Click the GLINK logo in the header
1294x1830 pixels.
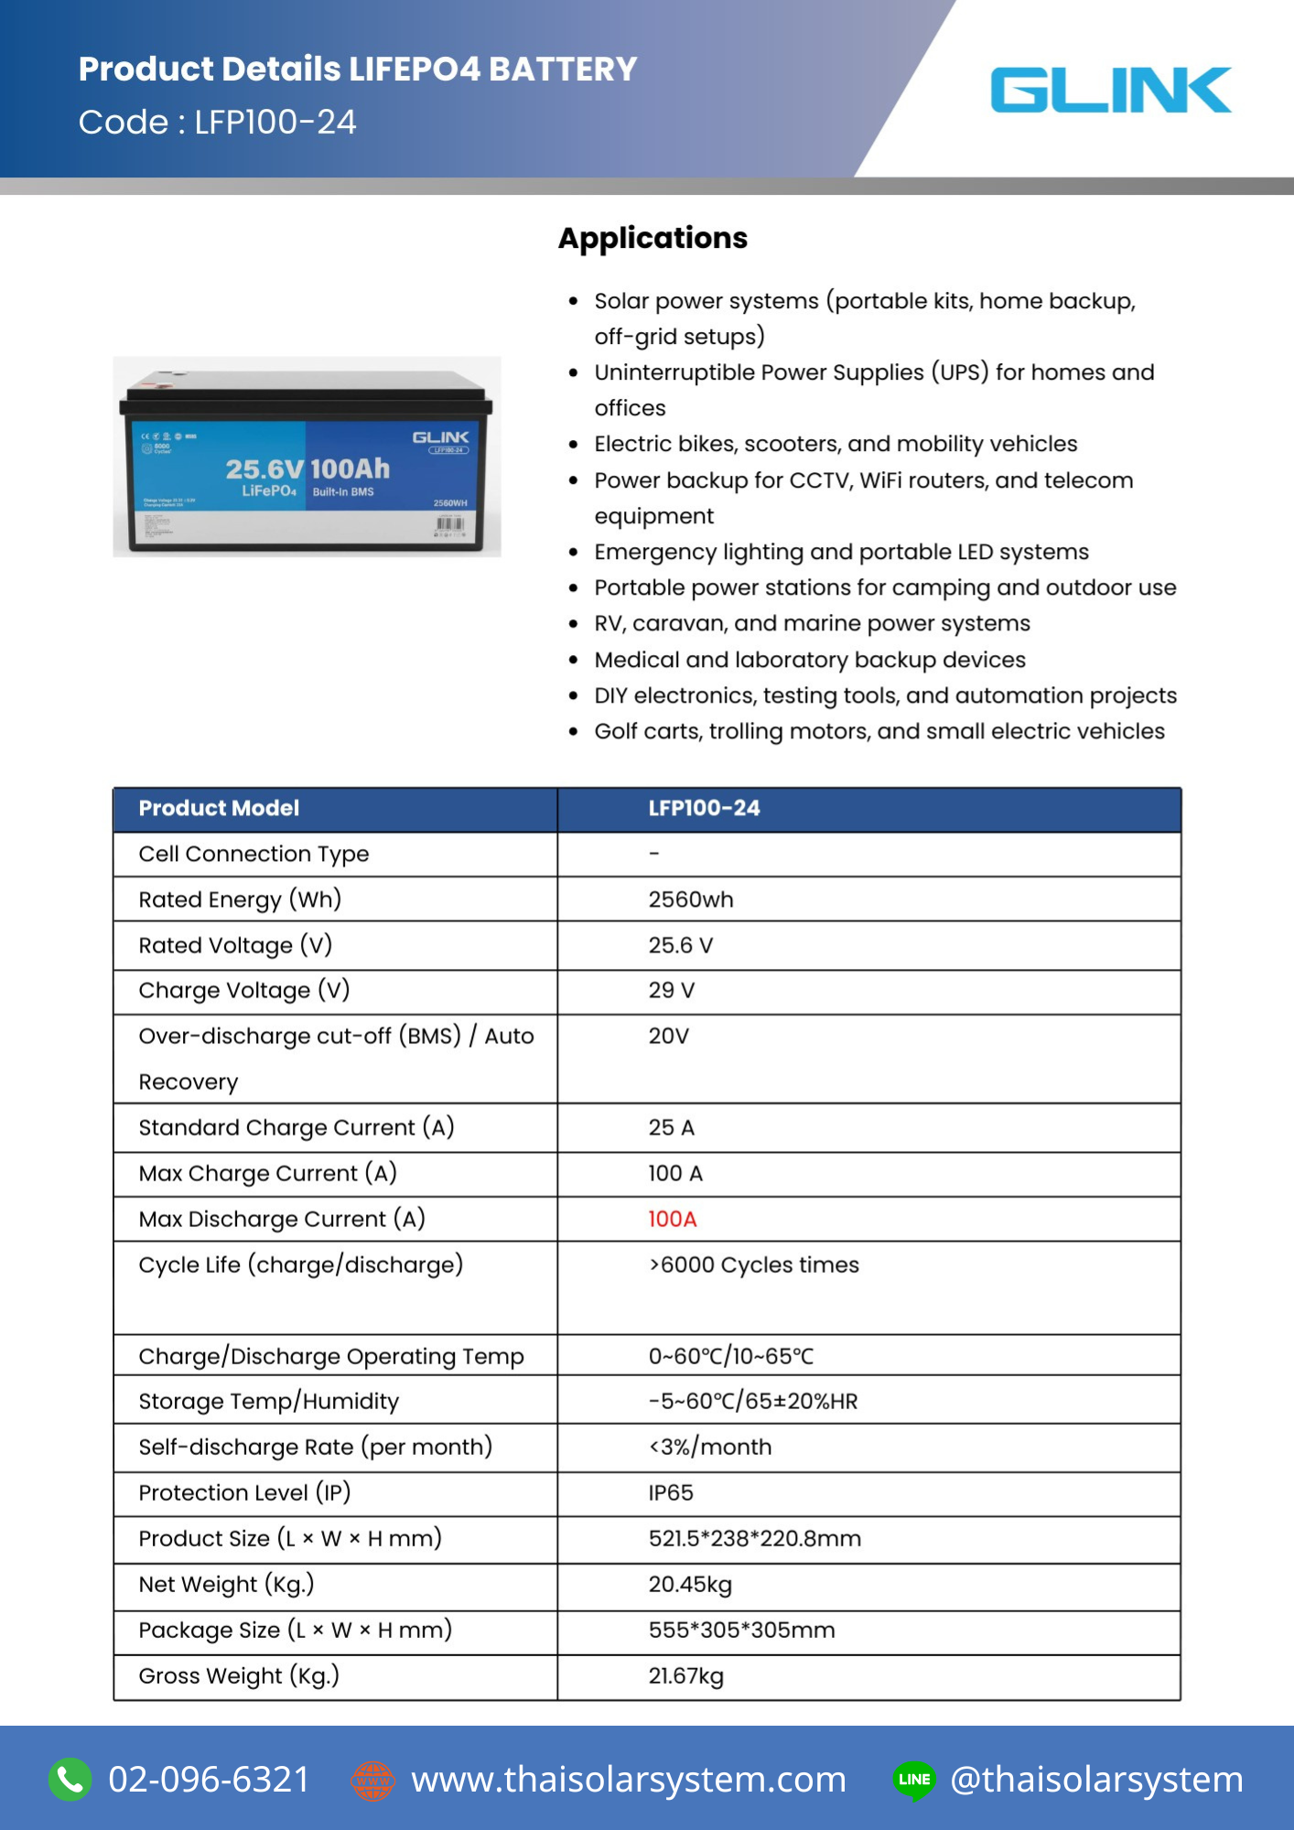click(x=1110, y=90)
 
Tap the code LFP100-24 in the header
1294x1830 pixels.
click(x=275, y=123)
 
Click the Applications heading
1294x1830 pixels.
click(x=652, y=238)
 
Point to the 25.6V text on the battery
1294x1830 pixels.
click(x=264, y=469)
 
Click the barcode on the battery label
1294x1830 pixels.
click(x=450, y=524)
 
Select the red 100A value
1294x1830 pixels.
click(x=672, y=1219)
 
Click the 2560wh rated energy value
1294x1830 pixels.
click(x=690, y=899)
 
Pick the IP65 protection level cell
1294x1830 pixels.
click(x=671, y=1492)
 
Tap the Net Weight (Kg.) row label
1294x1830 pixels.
click(x=226, y=1584)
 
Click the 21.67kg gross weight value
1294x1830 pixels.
click(x=685, y=1675)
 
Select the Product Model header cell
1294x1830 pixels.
click(x=220, y=809)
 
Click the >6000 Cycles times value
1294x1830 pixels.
click(x=753, y=1265)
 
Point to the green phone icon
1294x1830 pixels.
click(x=70, y=1780)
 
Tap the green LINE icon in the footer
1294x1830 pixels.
click(x=913, y=1780)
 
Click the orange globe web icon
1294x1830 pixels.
click(x=372, y=1781)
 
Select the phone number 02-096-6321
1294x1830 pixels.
click(x=209, y=1780)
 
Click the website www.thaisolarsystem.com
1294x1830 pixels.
click(x=628, y=1780)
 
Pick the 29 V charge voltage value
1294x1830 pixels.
click(x=671, y=990)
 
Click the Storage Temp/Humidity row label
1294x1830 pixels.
click(x=268, y=1401)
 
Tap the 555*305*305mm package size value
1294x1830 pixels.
click(x=741, y=1630)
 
